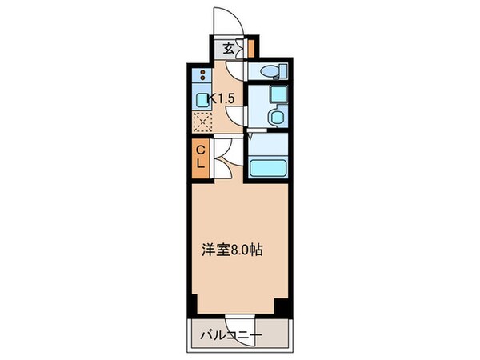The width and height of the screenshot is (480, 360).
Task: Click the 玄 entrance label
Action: (x=228, y=49)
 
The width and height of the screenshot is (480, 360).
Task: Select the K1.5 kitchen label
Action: (x=221, y=99)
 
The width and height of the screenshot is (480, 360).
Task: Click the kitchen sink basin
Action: (x=201, y=102)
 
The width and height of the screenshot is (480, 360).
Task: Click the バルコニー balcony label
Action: (x=230, y=335)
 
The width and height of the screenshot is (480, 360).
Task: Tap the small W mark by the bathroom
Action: (x=250, y=137)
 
